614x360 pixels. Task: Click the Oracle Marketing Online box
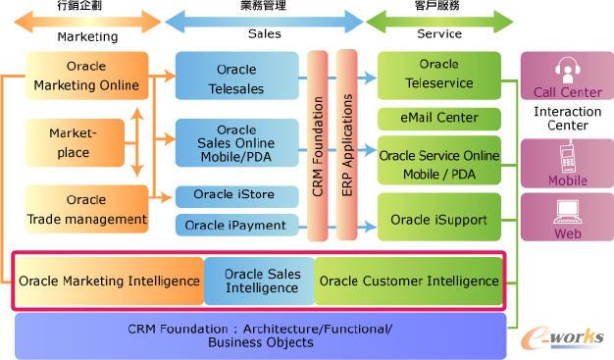[x=86, y=77]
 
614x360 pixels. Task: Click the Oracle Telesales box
[x=236, y=77]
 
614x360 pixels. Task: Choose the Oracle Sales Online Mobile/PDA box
[x=236, y=142]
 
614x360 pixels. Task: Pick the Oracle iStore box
[x=236, y=194]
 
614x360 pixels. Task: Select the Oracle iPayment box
[x=236, y=226]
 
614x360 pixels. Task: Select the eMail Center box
[x=438, y=118]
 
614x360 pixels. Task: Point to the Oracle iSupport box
[x=438, y=219]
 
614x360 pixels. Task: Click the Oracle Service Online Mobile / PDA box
[x=438, y=162]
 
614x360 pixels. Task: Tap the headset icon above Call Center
[x=567, y=70]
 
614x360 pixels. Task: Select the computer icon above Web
[x=567, y=212]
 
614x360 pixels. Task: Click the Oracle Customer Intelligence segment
[x=407, y=282]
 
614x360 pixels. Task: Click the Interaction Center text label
[x=567, y=118]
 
